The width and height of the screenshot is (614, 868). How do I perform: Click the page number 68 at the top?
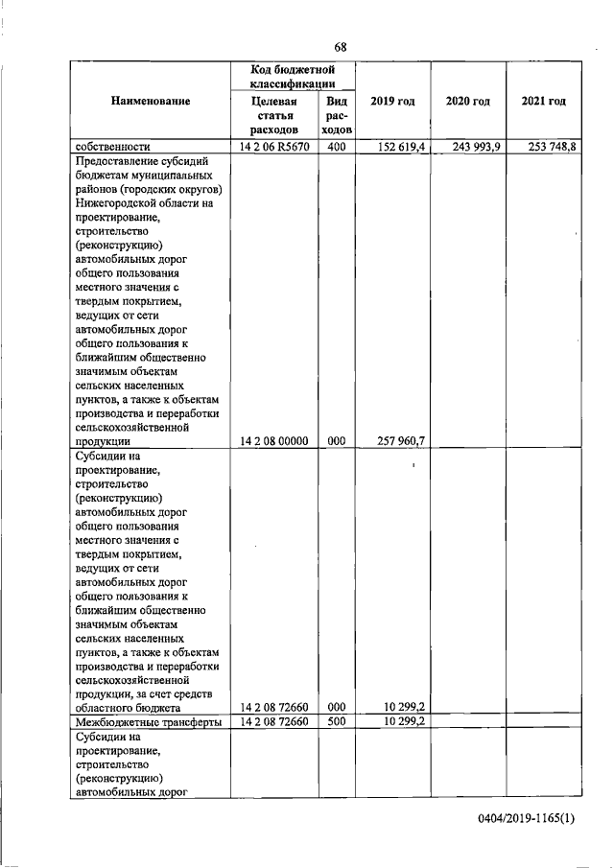tap(340, 48)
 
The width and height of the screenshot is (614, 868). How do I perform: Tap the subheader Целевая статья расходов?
tap(274, 114)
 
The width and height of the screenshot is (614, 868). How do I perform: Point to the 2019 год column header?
tap(392, 101)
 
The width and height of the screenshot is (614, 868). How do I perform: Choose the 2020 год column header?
tap(468, 101)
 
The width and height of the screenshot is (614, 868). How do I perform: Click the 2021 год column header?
tap(543, 101)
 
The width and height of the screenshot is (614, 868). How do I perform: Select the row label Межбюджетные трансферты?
tap(149, 721)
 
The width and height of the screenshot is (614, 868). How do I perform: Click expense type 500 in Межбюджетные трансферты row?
tap(336, 721)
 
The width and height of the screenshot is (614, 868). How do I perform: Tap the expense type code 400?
tap(336, 147)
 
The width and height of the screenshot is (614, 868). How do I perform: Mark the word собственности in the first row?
tap(113, 147)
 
